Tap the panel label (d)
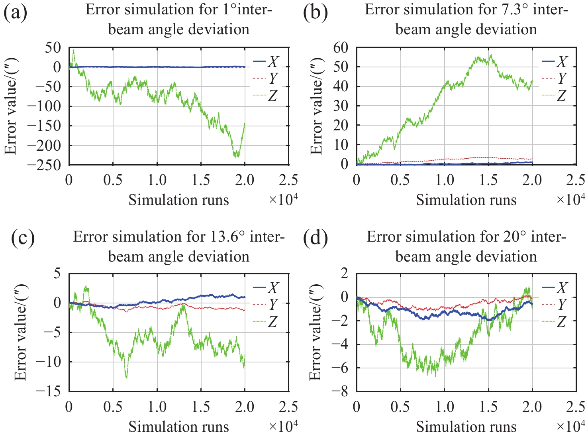tap(315, 238)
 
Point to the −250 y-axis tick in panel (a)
tap(47, 165)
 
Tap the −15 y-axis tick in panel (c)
tap(51, 392)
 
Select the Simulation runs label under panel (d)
tap(466, 427)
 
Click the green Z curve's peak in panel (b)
tap(491, 55)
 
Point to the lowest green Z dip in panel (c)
tap(127, 377)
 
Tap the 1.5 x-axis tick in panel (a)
tap(201, 180)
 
